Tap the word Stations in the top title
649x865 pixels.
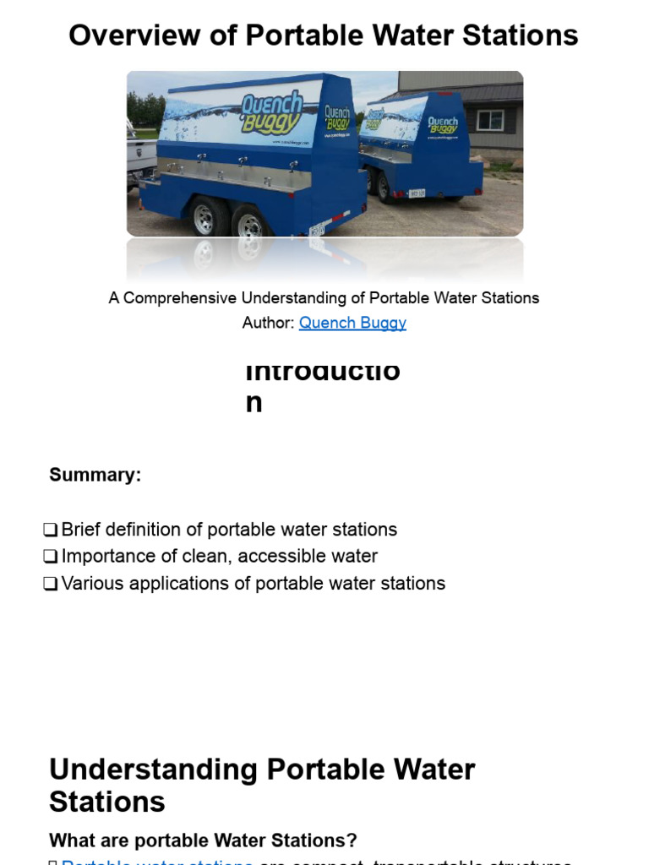coord(523,35)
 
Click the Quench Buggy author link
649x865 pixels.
coord(352,323)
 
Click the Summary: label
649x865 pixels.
coord(95,475)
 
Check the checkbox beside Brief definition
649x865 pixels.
coord(51,530)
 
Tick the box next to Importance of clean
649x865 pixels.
coord(51,557)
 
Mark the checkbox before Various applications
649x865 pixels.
coord(51,584)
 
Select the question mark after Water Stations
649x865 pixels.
coord(352,841)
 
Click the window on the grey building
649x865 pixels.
coord(489,120)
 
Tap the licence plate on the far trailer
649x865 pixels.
coord(417,193)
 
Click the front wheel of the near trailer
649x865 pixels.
coord(205,218)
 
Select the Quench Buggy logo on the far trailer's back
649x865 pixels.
coord(442,125)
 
